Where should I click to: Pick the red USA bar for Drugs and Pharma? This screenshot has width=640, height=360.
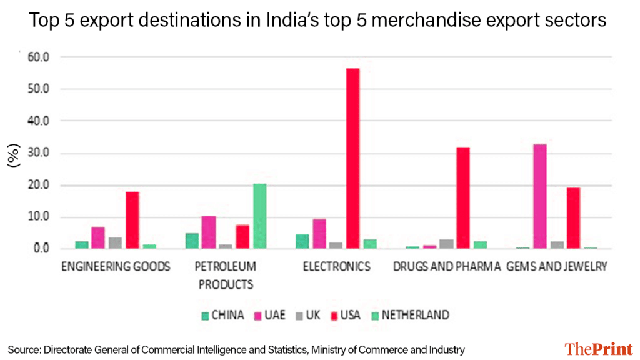pyautogui.click(x=463, y=197)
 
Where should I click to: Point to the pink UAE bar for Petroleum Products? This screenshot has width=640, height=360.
pyautogui.click(x=209, y=232)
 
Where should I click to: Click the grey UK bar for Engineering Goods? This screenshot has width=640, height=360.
pyautogui.click(x=115, y=242)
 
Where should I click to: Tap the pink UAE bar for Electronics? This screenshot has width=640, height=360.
pyautogui.click(x=319, y=233)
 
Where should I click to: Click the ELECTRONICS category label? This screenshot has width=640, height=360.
pyautogui.click(x=337, y=267)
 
